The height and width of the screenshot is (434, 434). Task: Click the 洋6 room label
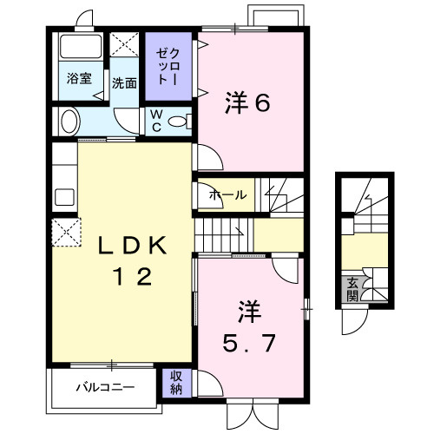[x=249, y=102]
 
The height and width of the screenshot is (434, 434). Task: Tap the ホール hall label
[x=227, y=195]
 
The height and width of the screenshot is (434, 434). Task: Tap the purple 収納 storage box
[x=175, y=382]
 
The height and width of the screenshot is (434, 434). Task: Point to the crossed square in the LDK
[x=67, y=233]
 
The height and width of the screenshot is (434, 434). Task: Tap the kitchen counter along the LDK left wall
[x=63, y=178]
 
